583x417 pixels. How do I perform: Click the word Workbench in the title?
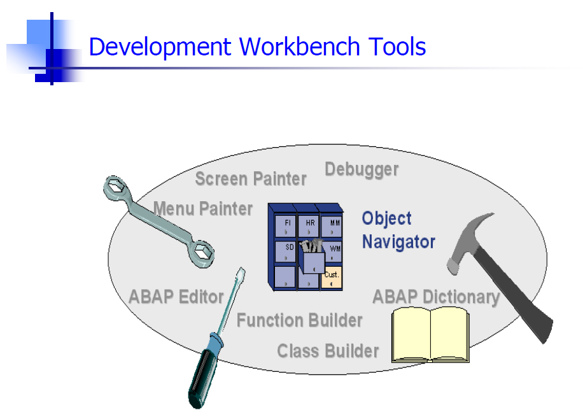(299, 47)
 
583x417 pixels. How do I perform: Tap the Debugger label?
(362, 170)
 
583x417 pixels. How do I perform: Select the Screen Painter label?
(251, 179)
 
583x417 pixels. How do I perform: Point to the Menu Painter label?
(203, 208)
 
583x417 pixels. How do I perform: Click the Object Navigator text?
(398, 230)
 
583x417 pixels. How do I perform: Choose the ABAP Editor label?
(176, 297)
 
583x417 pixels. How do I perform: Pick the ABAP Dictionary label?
(436, 297)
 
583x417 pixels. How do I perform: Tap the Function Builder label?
(300, 320)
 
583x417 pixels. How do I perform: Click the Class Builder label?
(328, 351)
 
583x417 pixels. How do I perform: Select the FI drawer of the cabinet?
(285, 225)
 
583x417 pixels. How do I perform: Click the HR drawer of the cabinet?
(309, 225)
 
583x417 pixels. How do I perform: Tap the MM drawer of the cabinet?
(332, 226)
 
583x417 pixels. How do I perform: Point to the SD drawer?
(285, 251)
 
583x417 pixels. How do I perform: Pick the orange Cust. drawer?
(332, 277)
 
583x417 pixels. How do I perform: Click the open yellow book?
(430, 334)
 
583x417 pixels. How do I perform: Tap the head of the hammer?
(469, 240)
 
